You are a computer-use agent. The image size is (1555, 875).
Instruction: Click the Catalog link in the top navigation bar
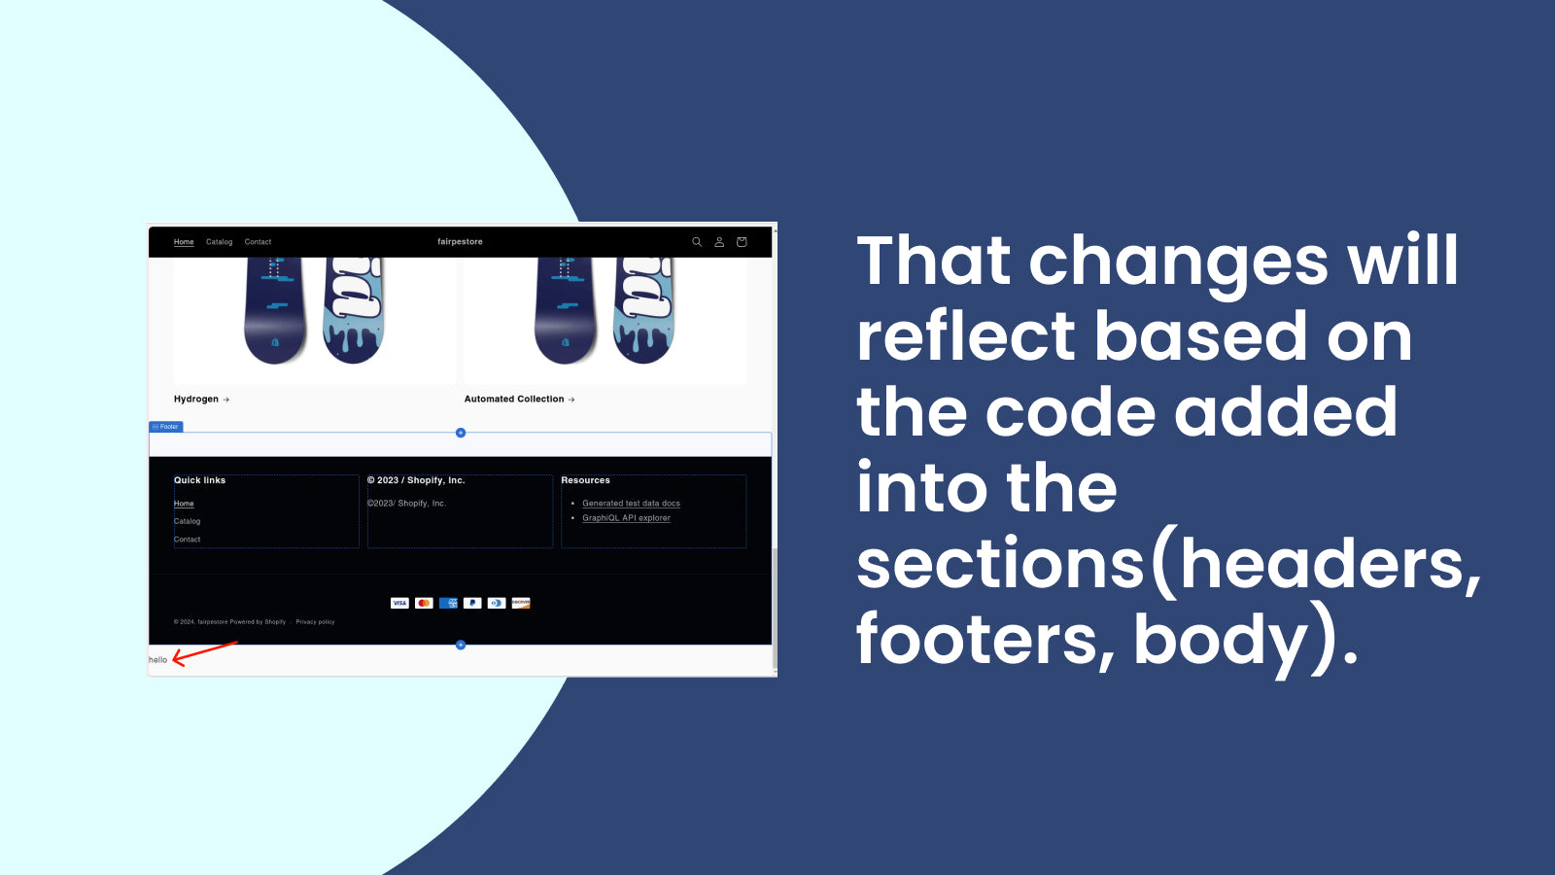(x=219, y=242)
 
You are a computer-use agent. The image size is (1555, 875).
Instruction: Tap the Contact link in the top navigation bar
(x=258, y=242)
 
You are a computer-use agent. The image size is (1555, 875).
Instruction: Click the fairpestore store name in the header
(x=460, y=242)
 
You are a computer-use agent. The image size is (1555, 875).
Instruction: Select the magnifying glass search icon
(x=697, y=242)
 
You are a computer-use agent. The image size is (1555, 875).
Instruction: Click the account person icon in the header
(x=719, y=242)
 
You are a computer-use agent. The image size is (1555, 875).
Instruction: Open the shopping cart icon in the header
(x=742, y=242)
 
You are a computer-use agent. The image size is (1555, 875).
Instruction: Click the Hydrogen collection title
(x=196, y=400)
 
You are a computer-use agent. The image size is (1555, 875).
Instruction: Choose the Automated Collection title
(x=514, y=400)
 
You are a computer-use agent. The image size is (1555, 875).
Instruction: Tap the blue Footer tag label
(x=166, y=427)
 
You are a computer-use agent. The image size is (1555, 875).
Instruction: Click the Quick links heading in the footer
(x=199, y=480)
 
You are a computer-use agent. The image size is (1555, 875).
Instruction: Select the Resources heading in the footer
(x=585, y=480)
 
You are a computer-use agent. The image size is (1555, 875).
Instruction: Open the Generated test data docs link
(x=631, y=504)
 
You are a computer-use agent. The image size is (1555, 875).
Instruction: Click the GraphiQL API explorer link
(x=626, y=518)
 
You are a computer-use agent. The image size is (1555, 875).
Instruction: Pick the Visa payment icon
(x=399, y=603)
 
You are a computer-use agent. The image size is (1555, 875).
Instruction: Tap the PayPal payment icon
(x=472, y=603)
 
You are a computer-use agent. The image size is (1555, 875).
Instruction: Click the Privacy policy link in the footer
(x=315, y=622)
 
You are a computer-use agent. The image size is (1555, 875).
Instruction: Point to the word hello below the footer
(x=157, y=660)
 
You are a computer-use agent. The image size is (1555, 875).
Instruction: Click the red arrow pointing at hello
(x=204, y=652)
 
